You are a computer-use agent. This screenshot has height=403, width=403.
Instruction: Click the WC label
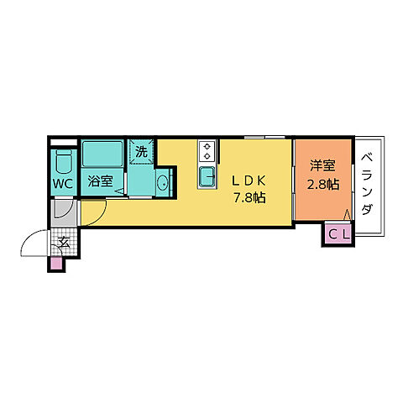[62, 183]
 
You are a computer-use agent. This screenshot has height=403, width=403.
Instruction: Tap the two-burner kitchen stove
[207, 151]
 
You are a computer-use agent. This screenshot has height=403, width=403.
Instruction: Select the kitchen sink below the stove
[207, 176]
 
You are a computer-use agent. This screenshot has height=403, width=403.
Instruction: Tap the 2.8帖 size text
[322, 184]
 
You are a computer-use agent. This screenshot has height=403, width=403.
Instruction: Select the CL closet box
[338, 234]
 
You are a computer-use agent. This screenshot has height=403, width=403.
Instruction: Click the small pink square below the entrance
[56, 264]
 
